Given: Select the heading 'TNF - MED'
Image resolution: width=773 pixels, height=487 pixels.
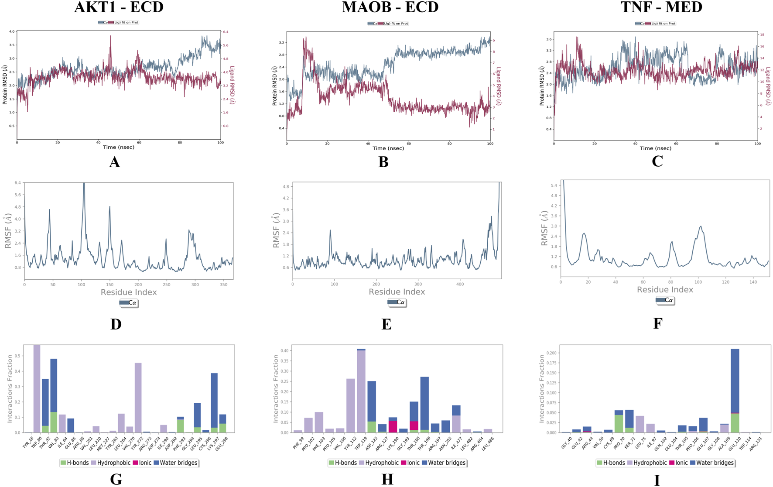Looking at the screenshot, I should pyautogui.click(x=661, y=7).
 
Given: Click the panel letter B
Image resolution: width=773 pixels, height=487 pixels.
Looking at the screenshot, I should pyautogui.click(x=383, y=162).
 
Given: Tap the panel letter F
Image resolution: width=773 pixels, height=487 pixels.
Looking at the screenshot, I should pyautogui.click(x=657, y=323).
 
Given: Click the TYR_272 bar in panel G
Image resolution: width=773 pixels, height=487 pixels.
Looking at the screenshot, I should pyautogui.click(x=138, y=398).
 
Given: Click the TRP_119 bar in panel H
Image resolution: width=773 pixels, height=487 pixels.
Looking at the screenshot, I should pyautogui.click(x=361, y=391).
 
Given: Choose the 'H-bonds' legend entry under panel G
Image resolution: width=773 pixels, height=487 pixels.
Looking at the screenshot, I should pyautogui.click(x=75, y=463).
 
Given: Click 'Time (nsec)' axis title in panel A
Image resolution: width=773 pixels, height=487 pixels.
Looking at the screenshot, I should pyautogui.click(x=119, y=147).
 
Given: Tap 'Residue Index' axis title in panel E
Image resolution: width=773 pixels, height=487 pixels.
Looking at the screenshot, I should pyautogui.click(x=397, y=292).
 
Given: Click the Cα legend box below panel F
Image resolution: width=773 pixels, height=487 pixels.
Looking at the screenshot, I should pyautogui.click(x=665, y=300).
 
